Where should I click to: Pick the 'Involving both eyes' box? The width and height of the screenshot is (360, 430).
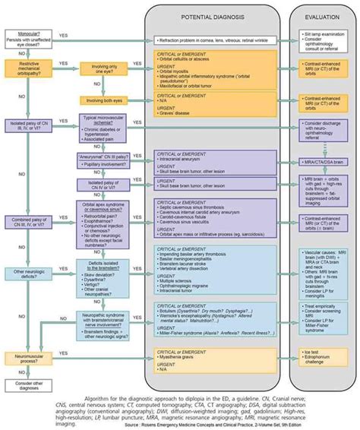click(105, 100)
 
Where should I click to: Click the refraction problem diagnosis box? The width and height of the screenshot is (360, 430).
click(212, 39)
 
